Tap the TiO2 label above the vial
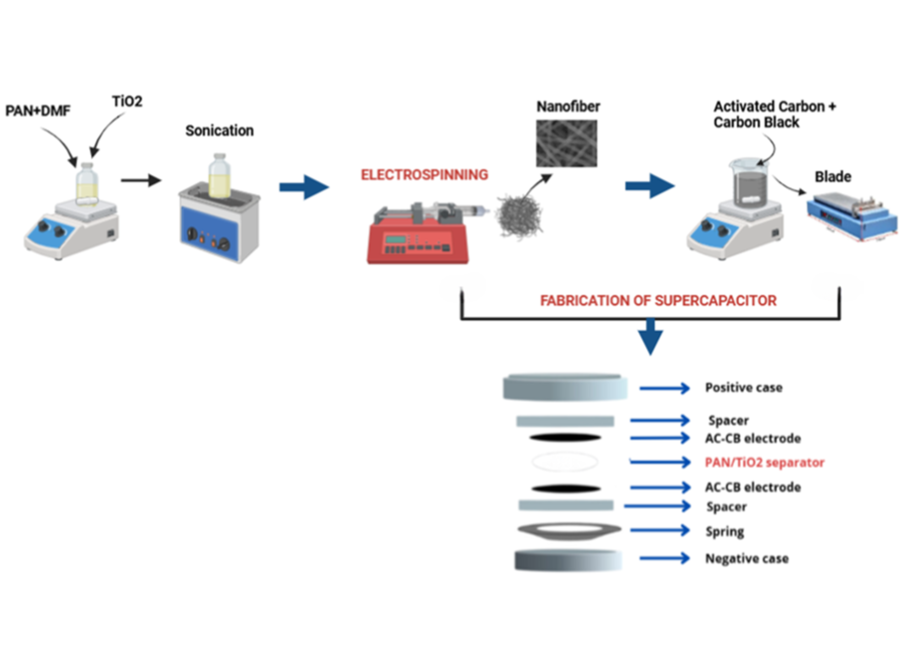(x=127, y=101)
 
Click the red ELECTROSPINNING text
(x=424, y=175)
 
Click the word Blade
(x=833, y=177)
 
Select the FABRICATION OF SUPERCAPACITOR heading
(x=658, y=301)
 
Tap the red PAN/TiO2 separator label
(x=764, y=462)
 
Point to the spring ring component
(x=569, y=531)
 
